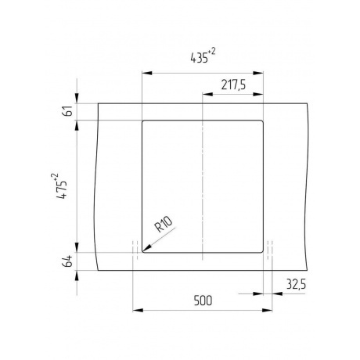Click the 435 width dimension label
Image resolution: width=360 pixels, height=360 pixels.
tap(199, 56)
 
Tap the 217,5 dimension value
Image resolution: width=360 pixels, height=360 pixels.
tap(232, 86)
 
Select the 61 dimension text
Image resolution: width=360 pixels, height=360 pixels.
tap(68, 112)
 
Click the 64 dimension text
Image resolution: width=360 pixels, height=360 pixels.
tap(68, 261)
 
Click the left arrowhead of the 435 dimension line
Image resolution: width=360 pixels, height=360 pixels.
tap(144, 73)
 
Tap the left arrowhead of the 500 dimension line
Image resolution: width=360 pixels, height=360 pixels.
tap(137, 311)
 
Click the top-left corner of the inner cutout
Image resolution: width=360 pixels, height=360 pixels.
tap(142, 121)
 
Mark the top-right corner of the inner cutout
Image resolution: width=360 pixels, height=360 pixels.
tap(263, 121)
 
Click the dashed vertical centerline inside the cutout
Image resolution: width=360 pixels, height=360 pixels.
tap(203, 188)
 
